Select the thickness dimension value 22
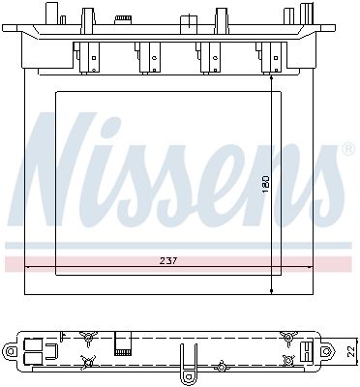[x=349, y=349]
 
